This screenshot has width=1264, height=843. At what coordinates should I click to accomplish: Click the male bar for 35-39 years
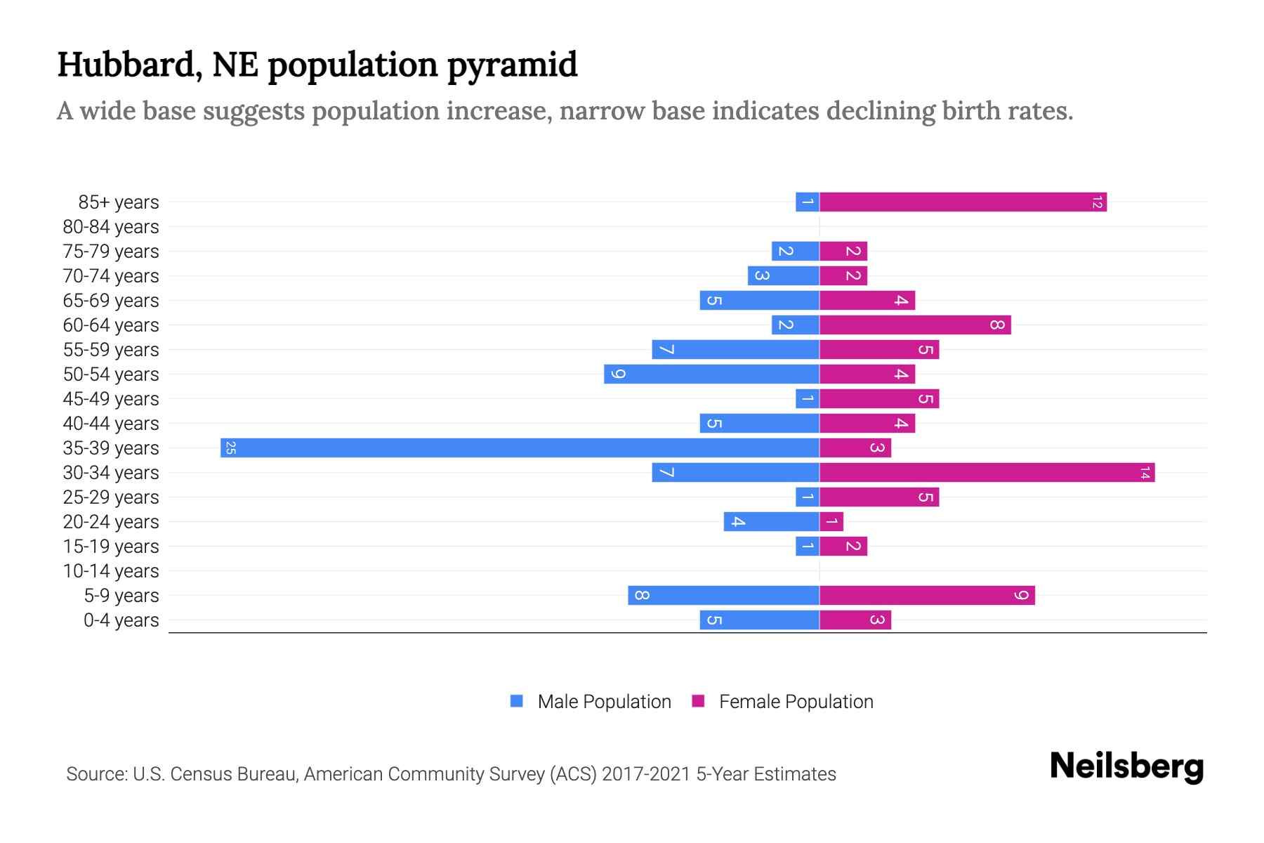click(520, 447)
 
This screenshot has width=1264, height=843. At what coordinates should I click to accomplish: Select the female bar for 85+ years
click(963, 202)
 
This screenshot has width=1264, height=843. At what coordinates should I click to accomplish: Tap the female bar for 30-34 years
click(987, 472)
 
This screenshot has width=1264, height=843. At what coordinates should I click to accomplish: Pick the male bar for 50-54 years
click(711, 374)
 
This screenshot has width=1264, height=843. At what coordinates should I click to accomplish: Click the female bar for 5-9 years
click(927, 595)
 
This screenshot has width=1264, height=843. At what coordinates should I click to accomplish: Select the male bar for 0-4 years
click(759, 620)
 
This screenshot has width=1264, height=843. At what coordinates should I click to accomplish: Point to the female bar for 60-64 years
click(915, 325)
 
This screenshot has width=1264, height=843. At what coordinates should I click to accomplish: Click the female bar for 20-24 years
click(831, 521)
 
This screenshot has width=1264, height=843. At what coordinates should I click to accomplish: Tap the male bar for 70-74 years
click(783, 275)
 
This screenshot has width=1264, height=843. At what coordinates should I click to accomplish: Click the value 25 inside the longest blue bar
click(230, 447)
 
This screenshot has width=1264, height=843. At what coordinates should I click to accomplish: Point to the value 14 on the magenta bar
click(1145, 472)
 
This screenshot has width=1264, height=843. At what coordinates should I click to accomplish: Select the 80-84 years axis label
click(111, 226)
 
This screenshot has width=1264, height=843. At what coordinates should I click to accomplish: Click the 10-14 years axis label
click(111, 570)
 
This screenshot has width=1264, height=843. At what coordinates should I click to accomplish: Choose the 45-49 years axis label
click(111, 398)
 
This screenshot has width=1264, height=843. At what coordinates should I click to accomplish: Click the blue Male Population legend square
click(517, 701)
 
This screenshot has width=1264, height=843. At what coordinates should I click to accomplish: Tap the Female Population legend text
click(796, 701)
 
